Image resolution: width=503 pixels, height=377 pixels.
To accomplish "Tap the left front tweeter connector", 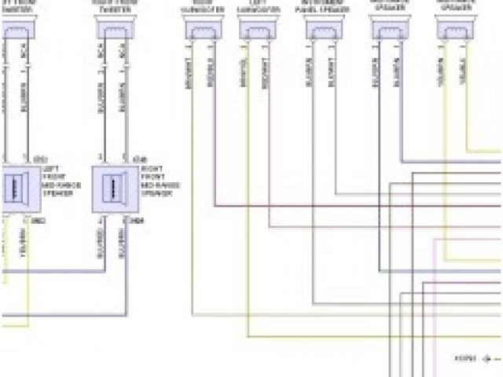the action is click(x=16, y=29).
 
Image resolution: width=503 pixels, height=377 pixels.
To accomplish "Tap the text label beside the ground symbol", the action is click(x=465, y=357).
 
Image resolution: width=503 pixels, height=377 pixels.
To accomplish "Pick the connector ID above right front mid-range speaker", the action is click(x=139, y=159).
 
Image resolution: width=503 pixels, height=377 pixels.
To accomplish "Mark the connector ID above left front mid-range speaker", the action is click(x=39, y=159).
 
